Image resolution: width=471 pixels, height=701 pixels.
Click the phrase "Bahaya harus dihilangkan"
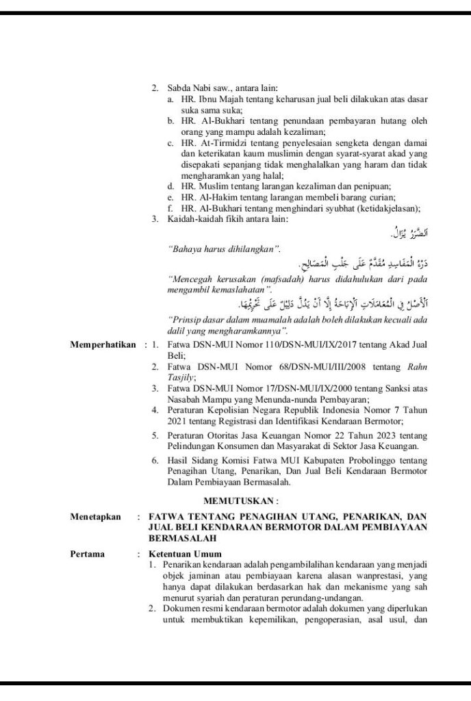point(223,250)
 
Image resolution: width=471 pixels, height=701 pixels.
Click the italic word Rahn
point(416,366)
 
